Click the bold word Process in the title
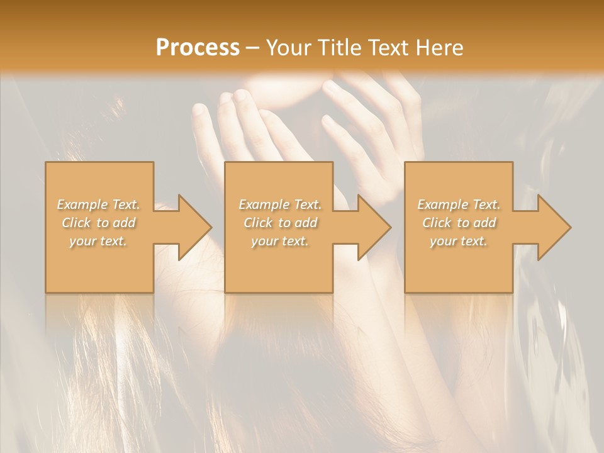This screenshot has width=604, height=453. (198, 48)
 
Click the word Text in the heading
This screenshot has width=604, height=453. (389, 48)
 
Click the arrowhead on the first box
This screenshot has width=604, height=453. (194, 227)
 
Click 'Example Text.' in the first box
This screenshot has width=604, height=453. (99, 204)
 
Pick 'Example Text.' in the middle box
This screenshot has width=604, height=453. (279, 204)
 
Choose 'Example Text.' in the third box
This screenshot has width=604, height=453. (459, 204)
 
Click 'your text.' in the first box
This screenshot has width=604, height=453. (98, 242)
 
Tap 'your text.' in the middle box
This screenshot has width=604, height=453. (279, 242)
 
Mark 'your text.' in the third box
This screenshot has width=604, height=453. (459, 242)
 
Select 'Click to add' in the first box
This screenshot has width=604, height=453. (99, 223)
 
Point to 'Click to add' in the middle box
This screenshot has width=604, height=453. (279, 223)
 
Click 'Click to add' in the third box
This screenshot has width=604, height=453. (459, 223)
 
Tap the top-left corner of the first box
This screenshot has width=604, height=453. (46, 162)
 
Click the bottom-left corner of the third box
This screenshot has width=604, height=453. (405, 292)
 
